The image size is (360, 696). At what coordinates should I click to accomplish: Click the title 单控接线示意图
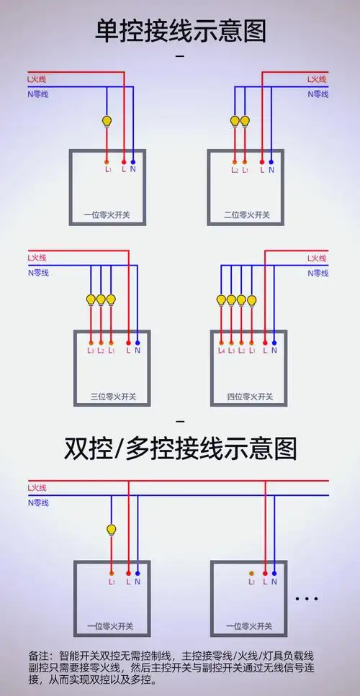pos(180,31)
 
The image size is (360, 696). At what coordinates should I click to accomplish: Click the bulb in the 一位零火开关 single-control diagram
pos(107,120)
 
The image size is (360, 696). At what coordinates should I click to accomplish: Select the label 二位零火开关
pos(247,214)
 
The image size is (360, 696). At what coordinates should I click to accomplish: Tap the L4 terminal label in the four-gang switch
pos(222,351)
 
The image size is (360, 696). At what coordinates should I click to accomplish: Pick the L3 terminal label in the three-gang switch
pos(91,351)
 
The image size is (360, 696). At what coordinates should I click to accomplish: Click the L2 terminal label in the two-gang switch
pos(235,171)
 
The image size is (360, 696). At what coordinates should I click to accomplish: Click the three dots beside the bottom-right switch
pos(306,598)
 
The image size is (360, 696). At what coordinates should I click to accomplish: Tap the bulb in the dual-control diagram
pos(112,530)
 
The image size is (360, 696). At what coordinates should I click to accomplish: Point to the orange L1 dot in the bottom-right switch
pos(251,573)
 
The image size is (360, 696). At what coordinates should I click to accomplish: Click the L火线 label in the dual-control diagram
pos(37,488)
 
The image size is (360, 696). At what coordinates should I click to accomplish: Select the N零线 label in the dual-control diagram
pos(37,502)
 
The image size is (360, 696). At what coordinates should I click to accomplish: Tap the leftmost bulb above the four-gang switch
pos(221,300)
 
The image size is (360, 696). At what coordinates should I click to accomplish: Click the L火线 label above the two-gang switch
pos(317,79)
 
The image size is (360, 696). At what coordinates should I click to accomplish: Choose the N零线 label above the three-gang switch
pos(37,273)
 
